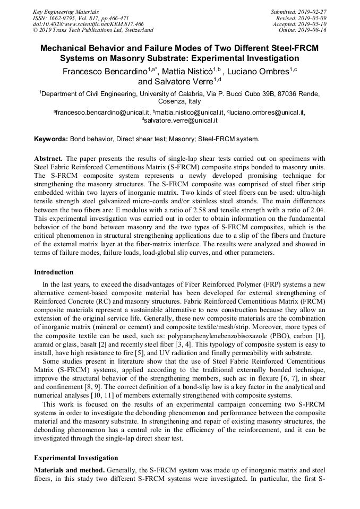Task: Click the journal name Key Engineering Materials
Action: pyautogui.click(x=65, y=11)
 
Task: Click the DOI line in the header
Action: pyautogui.click(x=88, y=24)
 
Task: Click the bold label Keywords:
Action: pyautogui.click(x=51, y=139)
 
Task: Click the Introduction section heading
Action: pyautogui.click(x=54, y=272)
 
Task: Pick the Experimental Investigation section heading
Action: pyautogui.click(x=76, y=458)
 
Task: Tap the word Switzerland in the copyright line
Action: pyautogui.click(x=135, y=30)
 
